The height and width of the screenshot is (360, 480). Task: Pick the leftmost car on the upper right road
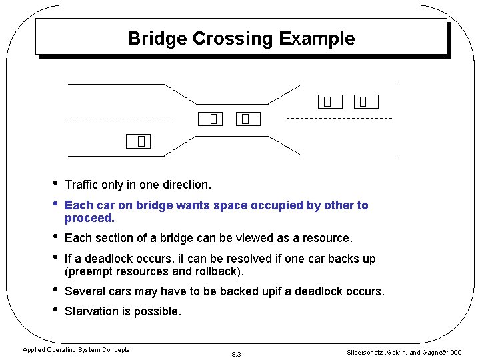tap(329, 101)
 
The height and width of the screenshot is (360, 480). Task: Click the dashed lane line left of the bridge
tap(118, 119)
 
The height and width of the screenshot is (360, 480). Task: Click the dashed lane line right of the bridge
tap(339, 118)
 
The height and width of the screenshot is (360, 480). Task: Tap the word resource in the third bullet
tap(326, 238)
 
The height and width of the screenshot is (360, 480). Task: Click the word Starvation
tap(91, 311)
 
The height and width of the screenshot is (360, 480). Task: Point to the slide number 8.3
tap(235, 353)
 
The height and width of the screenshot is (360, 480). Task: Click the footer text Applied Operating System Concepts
tap(76, 350)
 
